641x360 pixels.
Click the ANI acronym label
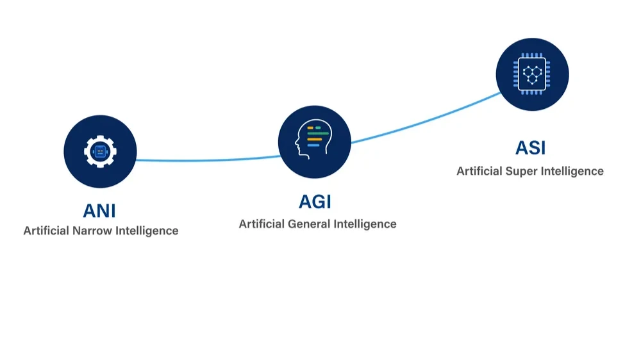point(99,211)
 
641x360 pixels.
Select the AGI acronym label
point(315,201)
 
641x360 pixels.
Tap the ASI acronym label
point(530,148)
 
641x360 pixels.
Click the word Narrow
point(92,231)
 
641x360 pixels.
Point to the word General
point(309,224)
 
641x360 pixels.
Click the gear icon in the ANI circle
point(100,152)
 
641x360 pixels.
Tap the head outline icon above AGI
point(313,138)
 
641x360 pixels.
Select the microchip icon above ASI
point(531,74)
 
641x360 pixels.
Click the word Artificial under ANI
point(46,231)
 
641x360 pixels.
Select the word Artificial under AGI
point(262,224)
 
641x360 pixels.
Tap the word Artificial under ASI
point(479,171)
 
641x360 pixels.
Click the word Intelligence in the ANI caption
point(147,231)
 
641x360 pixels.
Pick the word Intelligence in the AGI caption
point(365,224)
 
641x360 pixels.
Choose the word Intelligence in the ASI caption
point(572,171)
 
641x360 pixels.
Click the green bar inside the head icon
point(319,134)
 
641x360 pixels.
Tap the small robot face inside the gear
point(100,152)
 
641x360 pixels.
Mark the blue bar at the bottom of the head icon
point(313,145)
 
